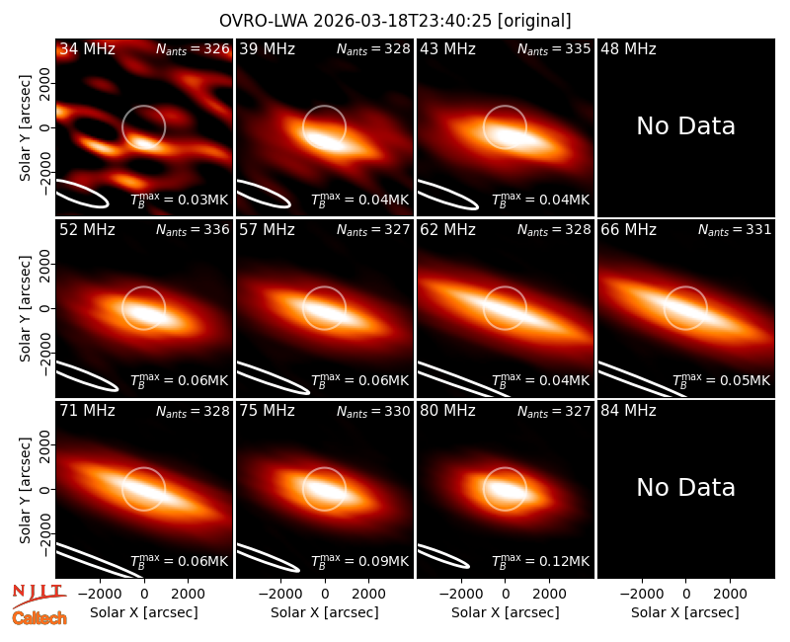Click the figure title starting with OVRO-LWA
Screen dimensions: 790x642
(395, 21)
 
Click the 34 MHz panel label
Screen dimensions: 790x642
(87, 48)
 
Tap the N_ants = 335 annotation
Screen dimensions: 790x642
(554, 49)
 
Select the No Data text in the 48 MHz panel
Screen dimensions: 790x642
(685, 125)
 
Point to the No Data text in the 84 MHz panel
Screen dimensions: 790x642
(685, 487)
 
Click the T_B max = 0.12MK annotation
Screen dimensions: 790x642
(540, 561)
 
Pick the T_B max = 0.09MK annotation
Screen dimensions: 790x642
(359, 561)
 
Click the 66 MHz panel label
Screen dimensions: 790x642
(628, 230)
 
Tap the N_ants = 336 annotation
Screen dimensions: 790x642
(193, 230)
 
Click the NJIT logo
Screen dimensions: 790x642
(39, 596)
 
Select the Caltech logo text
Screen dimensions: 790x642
(39, 618)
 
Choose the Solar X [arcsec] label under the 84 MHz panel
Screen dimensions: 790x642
(685, 612)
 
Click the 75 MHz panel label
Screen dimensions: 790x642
(267, 411)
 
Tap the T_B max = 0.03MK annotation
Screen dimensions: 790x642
(180, 200)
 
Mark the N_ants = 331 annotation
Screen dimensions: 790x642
(735, 230)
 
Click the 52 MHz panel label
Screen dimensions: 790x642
(87, 230)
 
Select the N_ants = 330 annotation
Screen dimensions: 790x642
(373, 411)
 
